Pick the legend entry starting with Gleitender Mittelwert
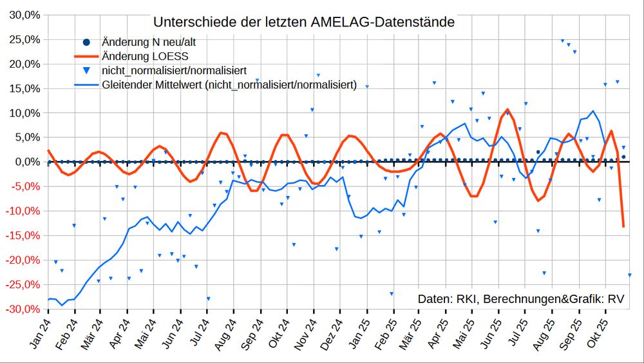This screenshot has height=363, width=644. click(229, 84)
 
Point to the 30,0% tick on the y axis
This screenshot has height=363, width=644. click(25, 15)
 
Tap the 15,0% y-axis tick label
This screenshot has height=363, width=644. click(25, 88)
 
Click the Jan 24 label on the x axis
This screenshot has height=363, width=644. click(40, 333)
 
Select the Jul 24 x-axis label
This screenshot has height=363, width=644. click(199, 333)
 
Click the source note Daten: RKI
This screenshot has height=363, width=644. click(520, 299)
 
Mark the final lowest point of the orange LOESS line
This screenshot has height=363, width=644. click(623, 226)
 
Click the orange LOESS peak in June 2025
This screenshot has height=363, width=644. click(507, 110)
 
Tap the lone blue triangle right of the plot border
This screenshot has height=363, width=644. click(630, 275)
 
